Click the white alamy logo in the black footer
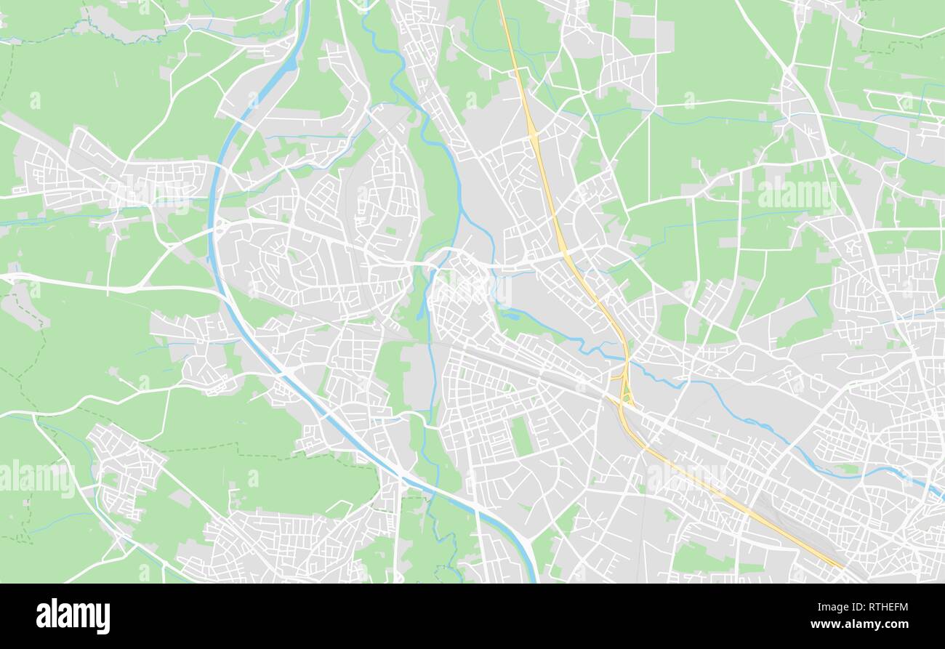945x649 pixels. tap(73, 616)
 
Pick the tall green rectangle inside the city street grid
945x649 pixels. tap(521, 436)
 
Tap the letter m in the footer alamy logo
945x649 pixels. tap(89, 616)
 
